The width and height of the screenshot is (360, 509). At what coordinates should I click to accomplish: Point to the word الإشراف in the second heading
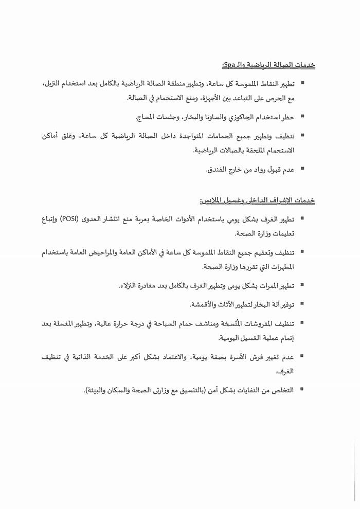point(283,199)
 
